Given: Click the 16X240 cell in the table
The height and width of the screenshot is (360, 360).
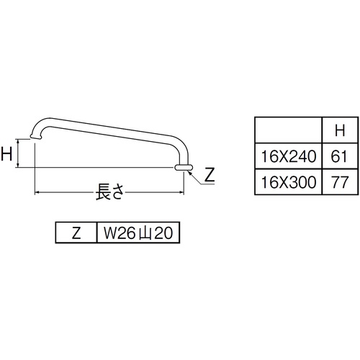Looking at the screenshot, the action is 288,156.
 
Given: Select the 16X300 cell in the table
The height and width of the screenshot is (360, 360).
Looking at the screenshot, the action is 288,182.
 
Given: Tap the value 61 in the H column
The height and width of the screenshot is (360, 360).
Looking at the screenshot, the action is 339,156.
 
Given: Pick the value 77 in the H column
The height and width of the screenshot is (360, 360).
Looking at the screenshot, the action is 339,182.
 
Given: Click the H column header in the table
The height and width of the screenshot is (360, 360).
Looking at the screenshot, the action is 340,130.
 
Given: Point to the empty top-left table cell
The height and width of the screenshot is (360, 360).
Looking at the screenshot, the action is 288,130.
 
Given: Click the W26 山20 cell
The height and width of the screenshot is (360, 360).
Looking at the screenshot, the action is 138,233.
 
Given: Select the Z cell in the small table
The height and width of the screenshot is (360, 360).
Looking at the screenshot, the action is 76,233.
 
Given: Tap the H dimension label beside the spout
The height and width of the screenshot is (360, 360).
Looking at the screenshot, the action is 6,153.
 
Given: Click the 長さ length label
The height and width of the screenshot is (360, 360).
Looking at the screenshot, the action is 110,192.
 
